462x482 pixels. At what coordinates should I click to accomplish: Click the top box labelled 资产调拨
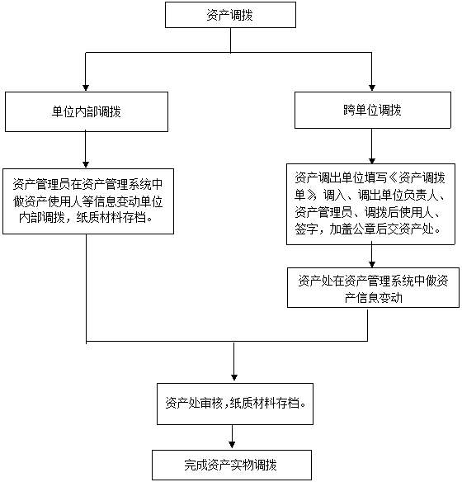(230, 15)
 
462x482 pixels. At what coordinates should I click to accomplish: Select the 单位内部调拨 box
(87, 111)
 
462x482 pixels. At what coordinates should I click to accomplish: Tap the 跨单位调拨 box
(373, 110)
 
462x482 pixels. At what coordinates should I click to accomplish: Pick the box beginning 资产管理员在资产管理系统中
(88, 201)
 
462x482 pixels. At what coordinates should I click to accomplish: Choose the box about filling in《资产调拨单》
(370, 204)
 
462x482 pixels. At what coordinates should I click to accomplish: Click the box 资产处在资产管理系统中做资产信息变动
(373, 287)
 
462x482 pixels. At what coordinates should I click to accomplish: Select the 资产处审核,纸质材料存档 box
(235, 404)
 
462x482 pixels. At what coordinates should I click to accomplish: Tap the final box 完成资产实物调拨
(232, 465)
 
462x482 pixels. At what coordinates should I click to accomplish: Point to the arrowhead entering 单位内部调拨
(86, 87)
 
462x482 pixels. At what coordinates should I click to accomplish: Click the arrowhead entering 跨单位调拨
(372, 87)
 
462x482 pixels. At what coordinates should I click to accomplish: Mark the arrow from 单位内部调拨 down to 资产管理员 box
(86, 150)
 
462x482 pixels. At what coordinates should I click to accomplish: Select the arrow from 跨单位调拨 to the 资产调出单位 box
(372, 146)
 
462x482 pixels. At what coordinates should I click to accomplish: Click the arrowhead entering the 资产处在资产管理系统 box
(372, 264)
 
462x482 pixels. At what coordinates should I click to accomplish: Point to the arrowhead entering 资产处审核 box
(234, 377)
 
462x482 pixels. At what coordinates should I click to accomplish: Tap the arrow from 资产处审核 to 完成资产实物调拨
(232, 437)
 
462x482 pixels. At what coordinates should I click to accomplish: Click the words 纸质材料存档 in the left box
(111, 218)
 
